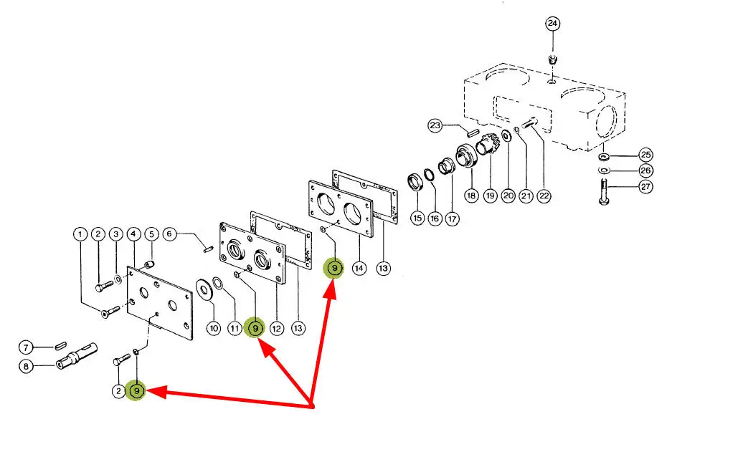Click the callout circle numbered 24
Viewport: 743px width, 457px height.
pyautogui.click(x=552, y=24)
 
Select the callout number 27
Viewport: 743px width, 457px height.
pyautogui.click(x=646, y=187)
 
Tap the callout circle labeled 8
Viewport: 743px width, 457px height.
pyautogui.click(x=26, y=366)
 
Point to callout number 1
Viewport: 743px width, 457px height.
pyautogui.click(x=80, y=234)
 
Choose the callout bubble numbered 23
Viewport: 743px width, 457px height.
pyautogui.click(x=435, y=127)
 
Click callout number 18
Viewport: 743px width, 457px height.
pyautogui.click(x=471, y=195)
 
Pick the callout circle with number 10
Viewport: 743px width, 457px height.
pyautogui.click(x=214, y=328)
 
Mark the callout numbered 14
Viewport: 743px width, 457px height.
pyautogui.click(x=359, y=268)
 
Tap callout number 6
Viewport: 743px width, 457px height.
pyautogui.click(x=170, y=234)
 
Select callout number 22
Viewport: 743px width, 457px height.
pyautogui.click(x=544, y=195)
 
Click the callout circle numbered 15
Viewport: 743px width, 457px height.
pyautogui.click(x=417, y=217)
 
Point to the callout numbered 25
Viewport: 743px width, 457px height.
pyautogui.click(x=646, y=155)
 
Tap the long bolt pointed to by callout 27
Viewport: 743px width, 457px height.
pyautogui.click(x=603, y=191)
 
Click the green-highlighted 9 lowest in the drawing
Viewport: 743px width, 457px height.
pyautogui.click(x=136, y=391)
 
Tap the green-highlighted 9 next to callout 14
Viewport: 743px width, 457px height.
pyautogui.click(x=334, y=269)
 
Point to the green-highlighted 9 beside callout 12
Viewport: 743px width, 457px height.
pyautogui.click(x=255, y=328)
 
